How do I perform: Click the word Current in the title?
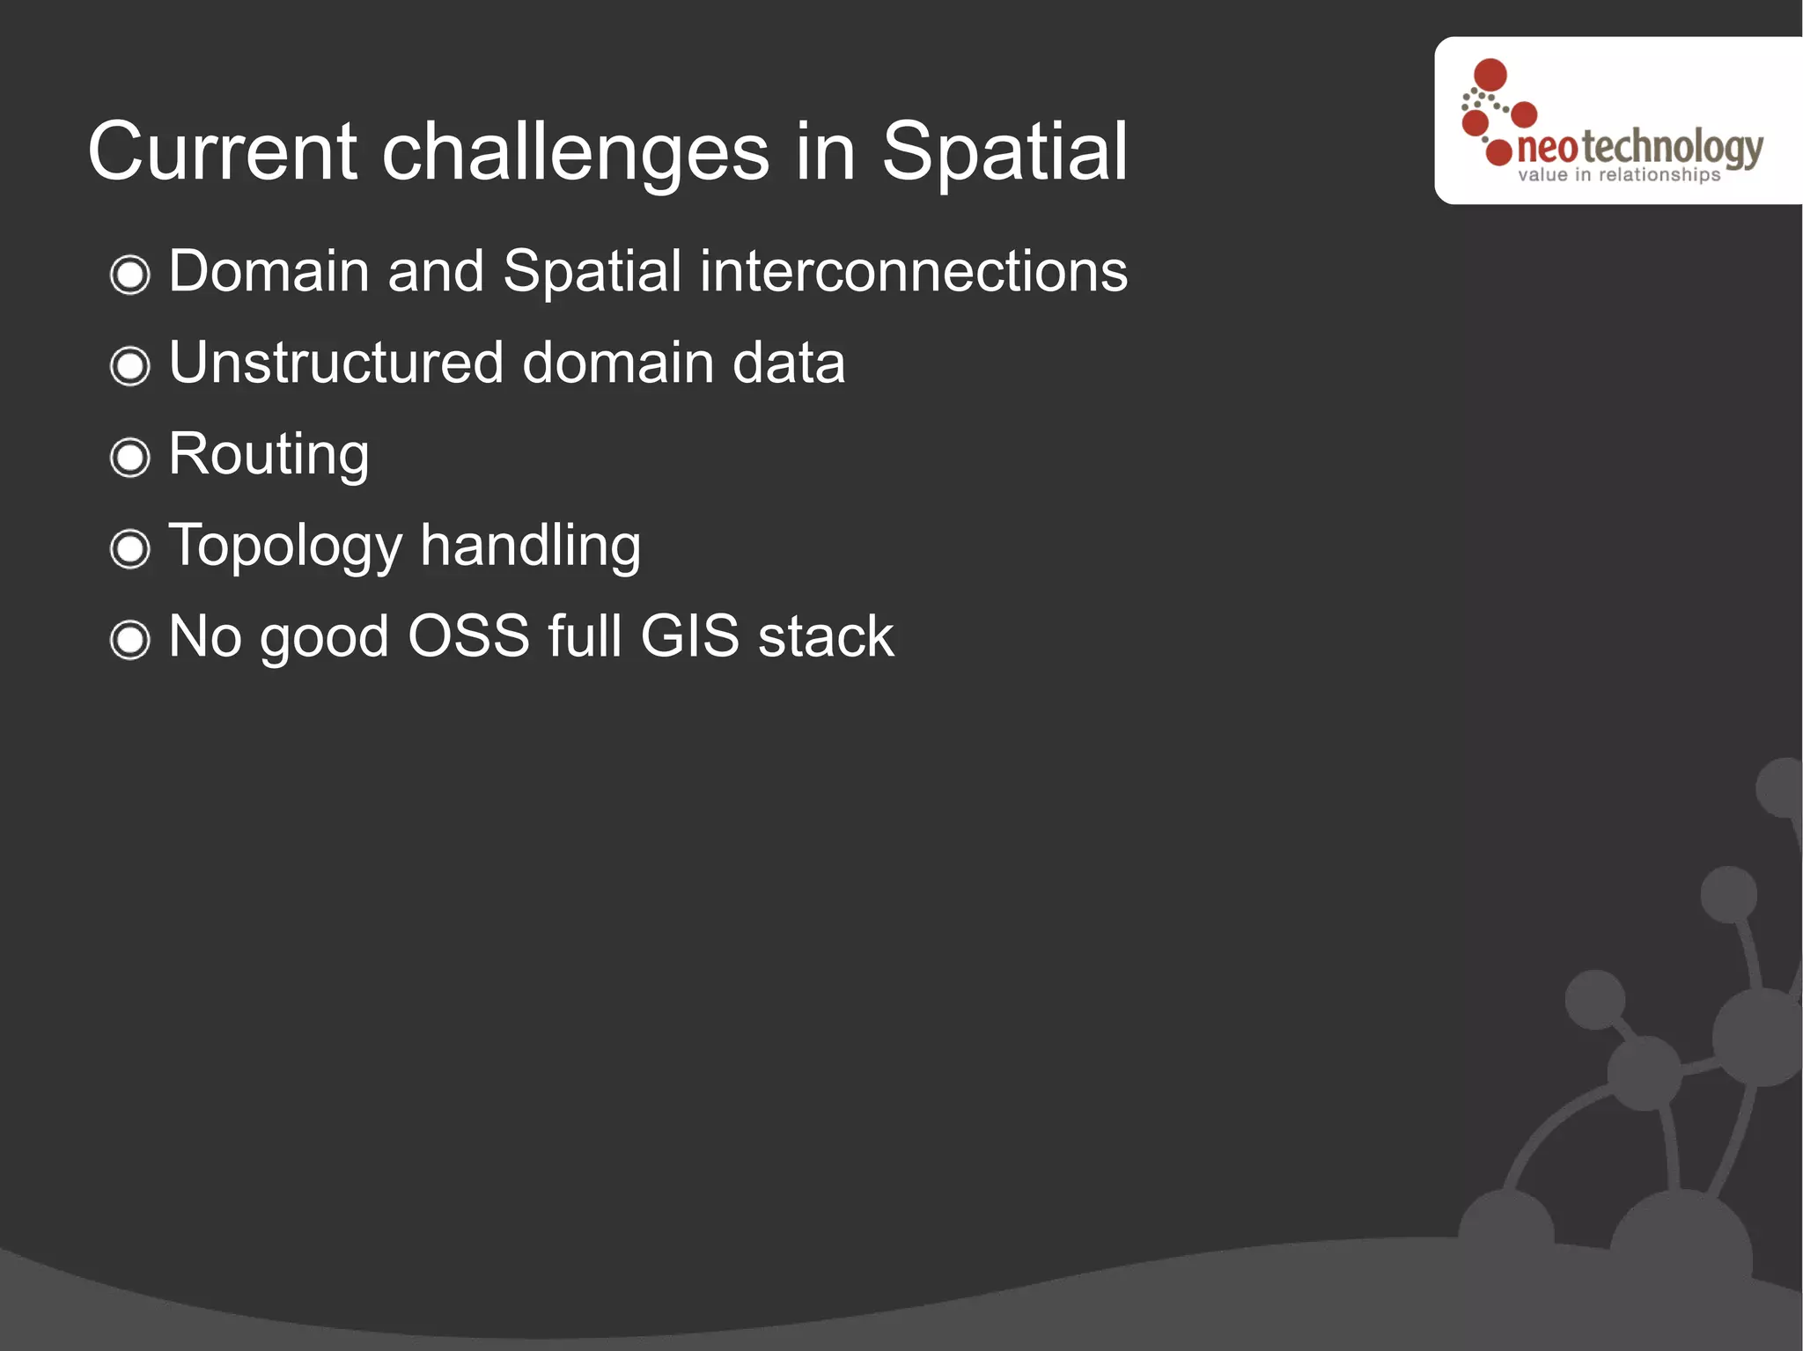click(222, 152)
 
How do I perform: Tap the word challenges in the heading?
click(576, 152)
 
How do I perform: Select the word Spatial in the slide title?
click(1004, 152)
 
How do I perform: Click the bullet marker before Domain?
click(130, 275)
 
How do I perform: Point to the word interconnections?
click(913, 271)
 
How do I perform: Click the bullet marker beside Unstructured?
click(130, 366)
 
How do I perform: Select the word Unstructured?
click(335, 363)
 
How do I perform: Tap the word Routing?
click(269, 455)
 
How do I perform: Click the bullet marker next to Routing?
click(130, 458)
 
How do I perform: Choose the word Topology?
click(284, 547)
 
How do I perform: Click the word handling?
click(530, 546)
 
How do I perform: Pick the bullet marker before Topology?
click(130, 549)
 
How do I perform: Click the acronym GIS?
click(689, 636)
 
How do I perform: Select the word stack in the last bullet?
click(826, 636)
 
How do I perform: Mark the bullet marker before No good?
click(130, 640)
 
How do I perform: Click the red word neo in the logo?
click(1547, 149)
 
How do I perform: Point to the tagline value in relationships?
click(1618, 175)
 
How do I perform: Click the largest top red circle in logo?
click(1490, 75)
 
